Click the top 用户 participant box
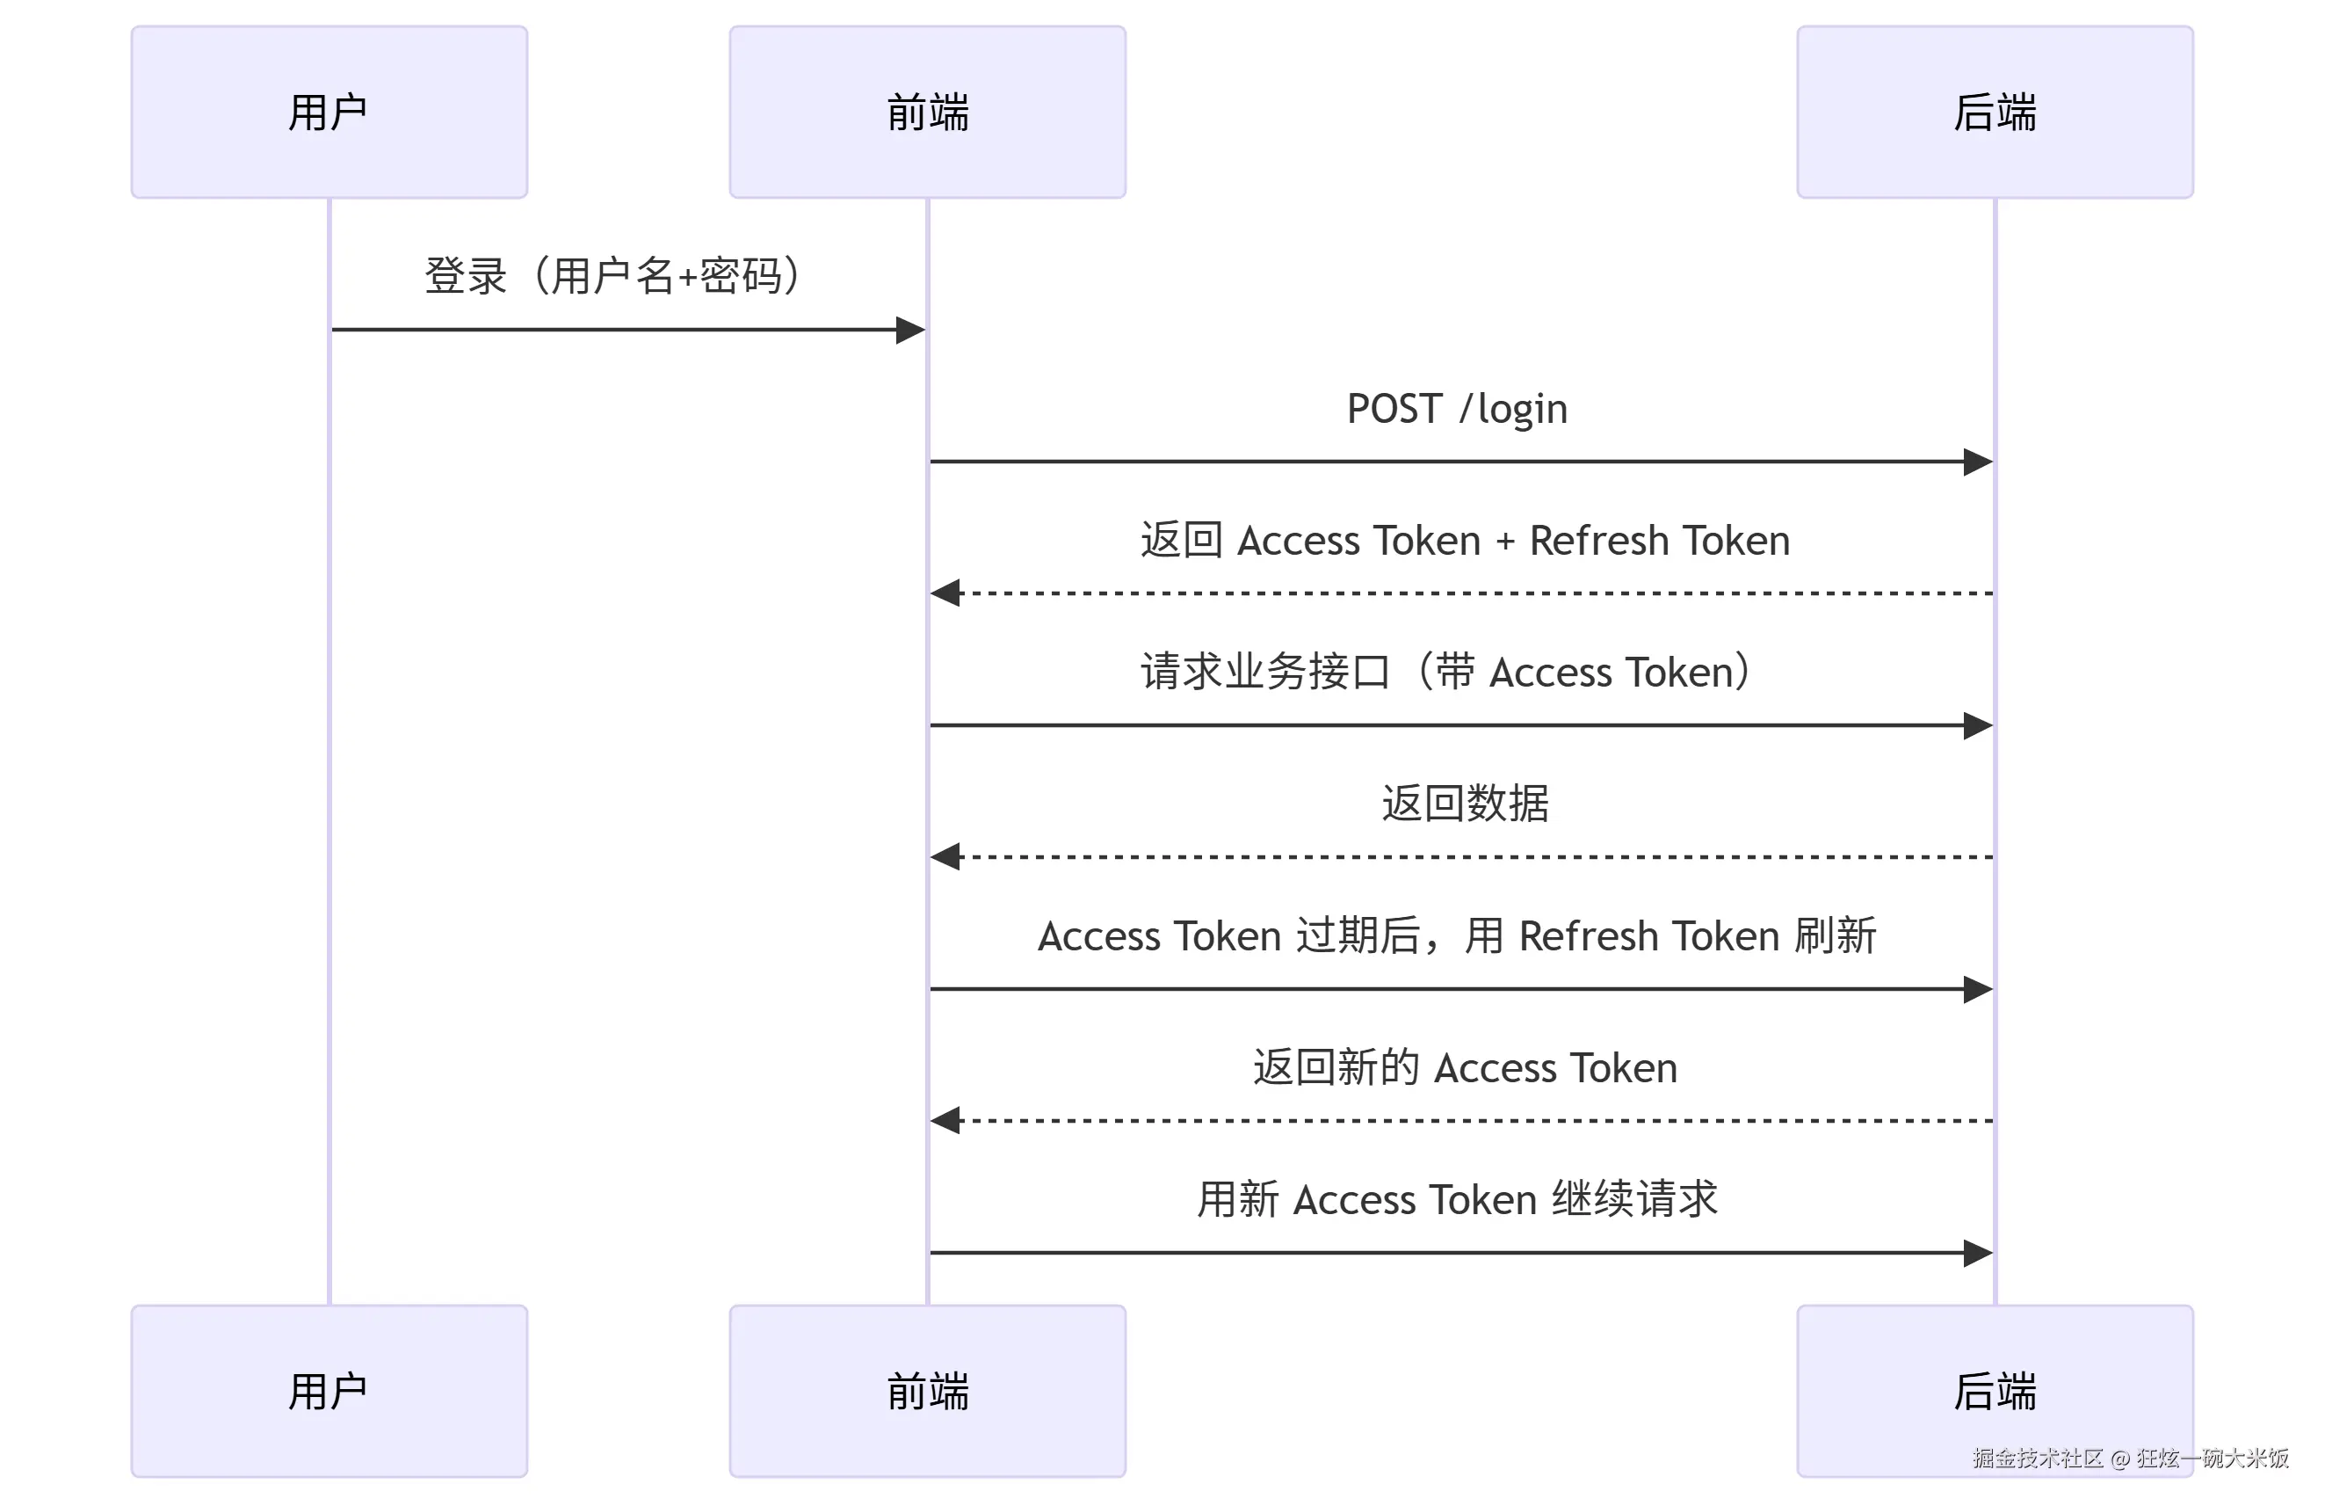[330, 113]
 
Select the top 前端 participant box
[927, 113]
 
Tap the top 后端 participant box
[1994, 113]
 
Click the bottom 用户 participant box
[330, 1391]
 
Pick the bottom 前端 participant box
[927, 1391]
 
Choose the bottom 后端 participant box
[1994, 1391]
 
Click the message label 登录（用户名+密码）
[612, 275]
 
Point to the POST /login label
[1457, 409]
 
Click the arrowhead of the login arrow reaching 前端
[909, 331]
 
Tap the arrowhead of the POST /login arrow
[1977, 462]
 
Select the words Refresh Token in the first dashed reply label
[1659, 541]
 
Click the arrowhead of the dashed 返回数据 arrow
[945, 857]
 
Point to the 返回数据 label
[1465, 804]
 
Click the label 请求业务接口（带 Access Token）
[1445, 673]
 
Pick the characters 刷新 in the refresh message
[1835, 936]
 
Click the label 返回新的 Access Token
[1465, 1067]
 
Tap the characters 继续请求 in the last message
[1634, 1199]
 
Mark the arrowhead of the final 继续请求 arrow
[1977, 1253]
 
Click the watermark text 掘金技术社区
[2037, 1459]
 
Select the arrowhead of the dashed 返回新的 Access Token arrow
[945, 1121]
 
